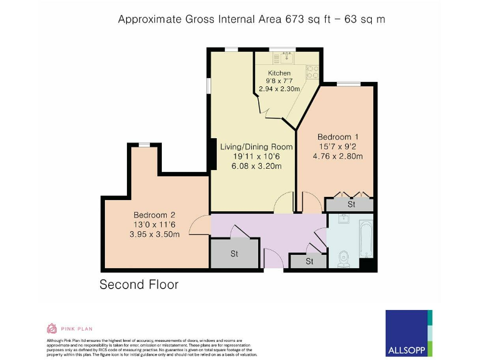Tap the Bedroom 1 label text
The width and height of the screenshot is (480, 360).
point(337,137)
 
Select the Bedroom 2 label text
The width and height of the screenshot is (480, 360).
point(154,214)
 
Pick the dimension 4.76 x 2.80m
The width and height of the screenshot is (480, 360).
point(338,156)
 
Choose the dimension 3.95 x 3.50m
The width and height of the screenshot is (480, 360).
point(154,234)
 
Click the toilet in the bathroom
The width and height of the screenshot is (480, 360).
point(342,257)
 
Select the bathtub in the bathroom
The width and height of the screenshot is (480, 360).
point(366,238)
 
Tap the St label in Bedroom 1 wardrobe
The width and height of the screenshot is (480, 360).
point(351,204)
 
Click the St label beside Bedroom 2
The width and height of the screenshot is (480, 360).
point(234,254)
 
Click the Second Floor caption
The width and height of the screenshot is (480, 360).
point(139,284)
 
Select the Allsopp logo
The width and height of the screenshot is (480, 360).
point(409,333)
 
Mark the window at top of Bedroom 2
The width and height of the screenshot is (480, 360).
point(144,144)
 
